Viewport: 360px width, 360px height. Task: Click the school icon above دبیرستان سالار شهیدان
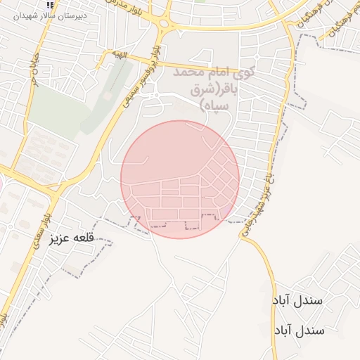click(50, 4)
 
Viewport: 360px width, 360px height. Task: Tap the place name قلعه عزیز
click(71, 239)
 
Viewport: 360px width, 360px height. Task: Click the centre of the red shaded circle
click(180, 179)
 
